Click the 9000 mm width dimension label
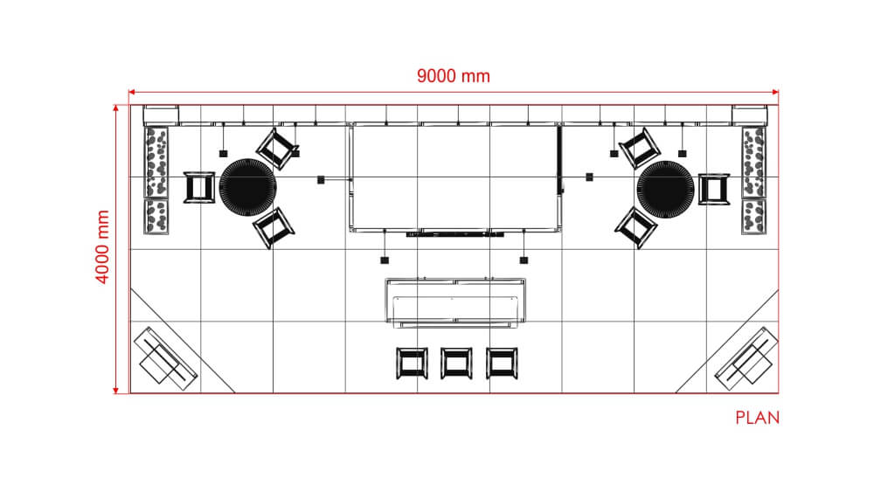[x=453, y=76]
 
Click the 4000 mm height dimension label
[x=102, y=246]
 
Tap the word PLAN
[x=757, y=418]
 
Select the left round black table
[x=247, y=187]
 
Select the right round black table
[x=665, y=190]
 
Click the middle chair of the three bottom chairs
[x=456, y=364]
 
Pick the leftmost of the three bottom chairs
[x=412, y=364]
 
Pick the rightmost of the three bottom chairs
[x=502, y=364]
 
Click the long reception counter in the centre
[x=456, y=302]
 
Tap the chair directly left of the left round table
[x=199, y=188]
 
